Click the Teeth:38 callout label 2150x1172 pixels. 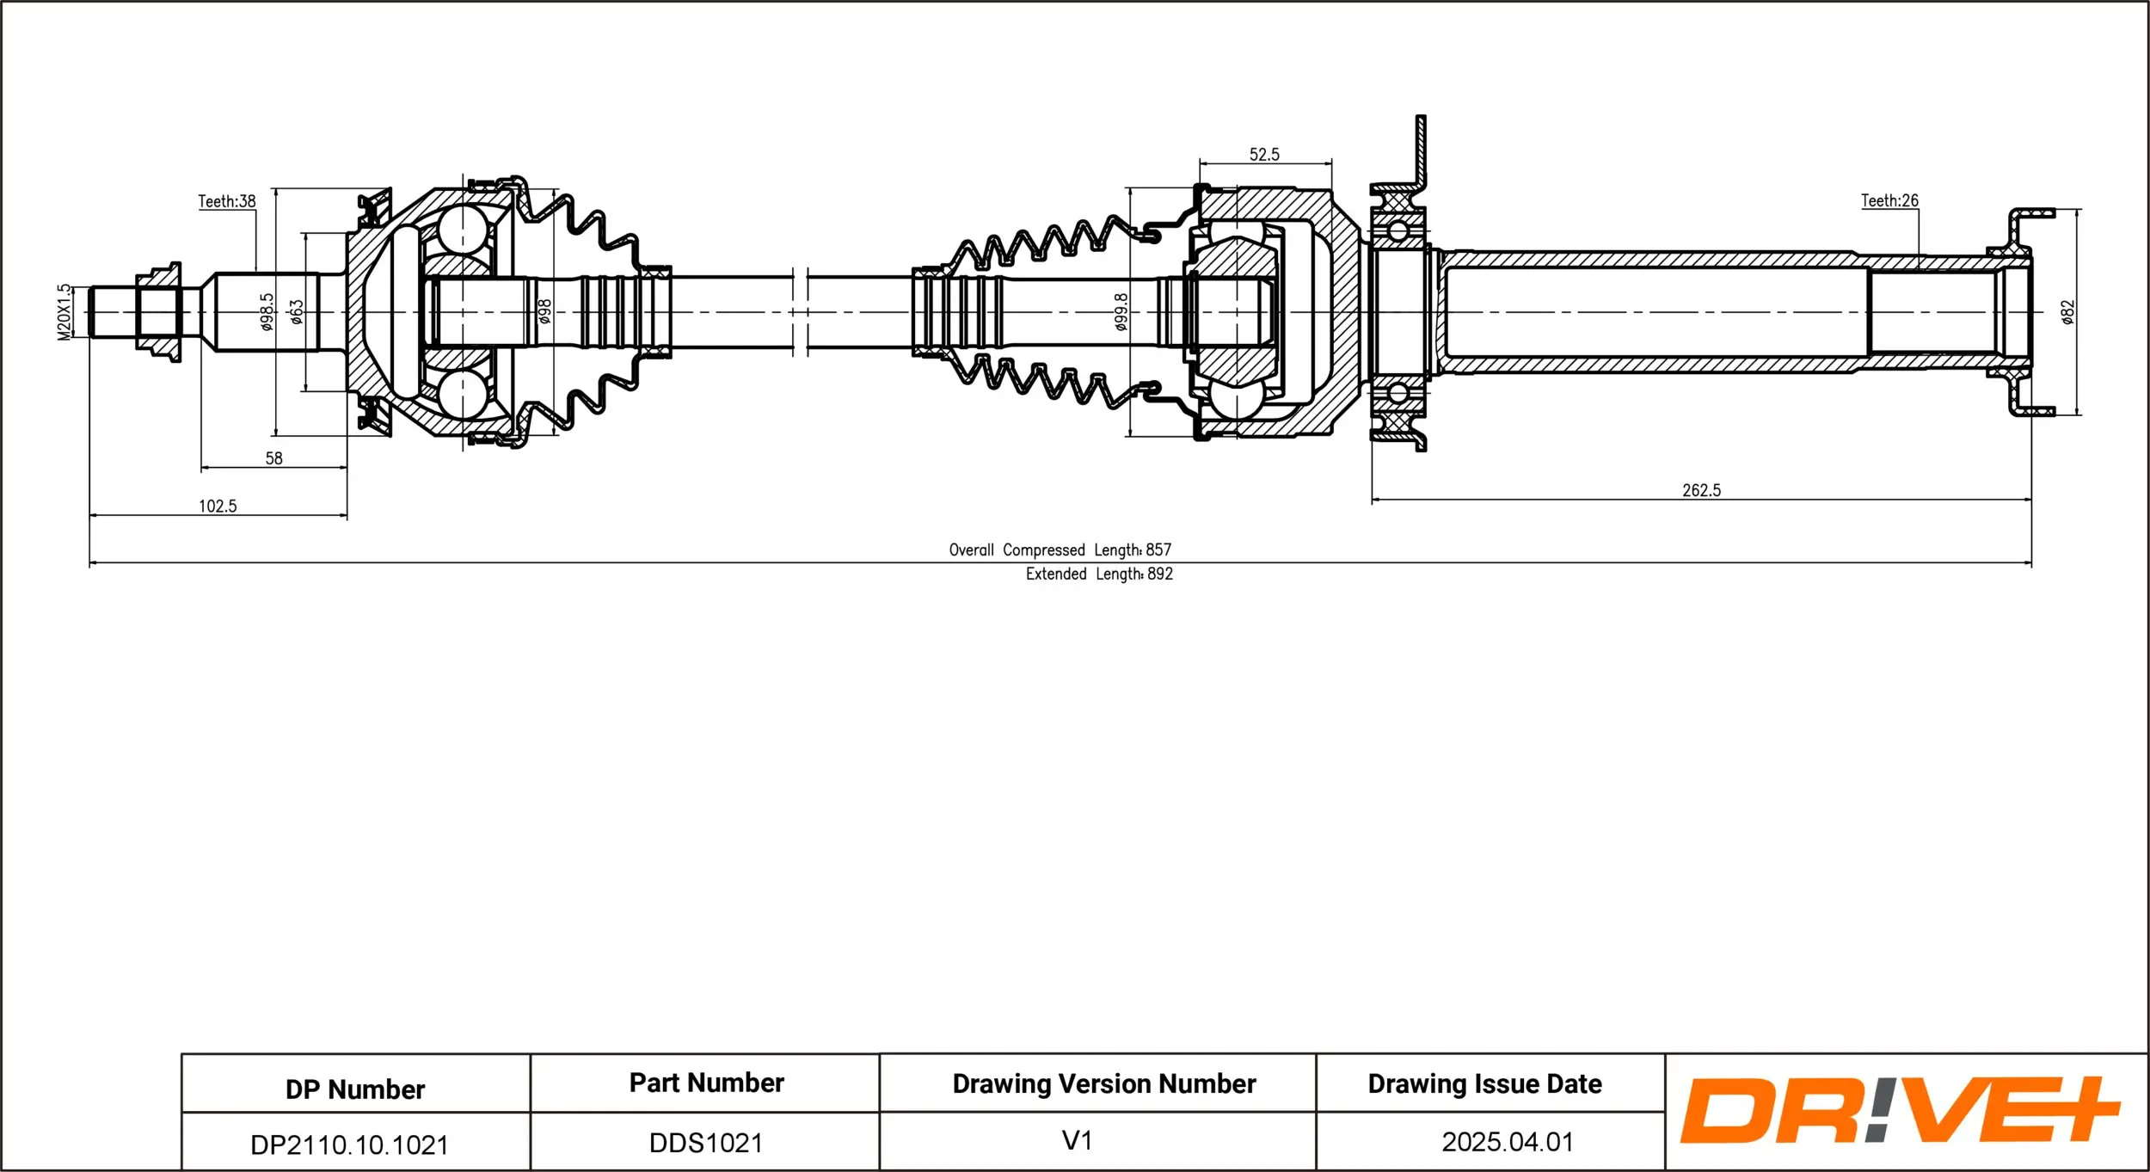226,201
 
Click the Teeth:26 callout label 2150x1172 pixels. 1889,200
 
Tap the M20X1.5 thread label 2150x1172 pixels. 64,312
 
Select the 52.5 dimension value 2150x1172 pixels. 1264,155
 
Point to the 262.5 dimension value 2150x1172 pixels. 1701,490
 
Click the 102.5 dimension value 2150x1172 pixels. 218,506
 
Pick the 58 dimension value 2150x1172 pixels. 273,458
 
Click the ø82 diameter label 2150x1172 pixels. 2067,312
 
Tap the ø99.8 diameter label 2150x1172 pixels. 1121,312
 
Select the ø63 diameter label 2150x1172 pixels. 297,312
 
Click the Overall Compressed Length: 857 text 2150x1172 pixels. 1060,549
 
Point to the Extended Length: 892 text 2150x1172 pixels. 1098,574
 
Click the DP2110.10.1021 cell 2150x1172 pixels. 349,1144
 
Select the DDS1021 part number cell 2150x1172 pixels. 705,1143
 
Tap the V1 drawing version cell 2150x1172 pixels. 1077,1140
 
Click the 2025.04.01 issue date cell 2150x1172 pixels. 1507,1142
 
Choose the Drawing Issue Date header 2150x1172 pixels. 1484,1083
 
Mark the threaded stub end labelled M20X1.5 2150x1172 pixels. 113,312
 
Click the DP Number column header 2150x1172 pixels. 355,1089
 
